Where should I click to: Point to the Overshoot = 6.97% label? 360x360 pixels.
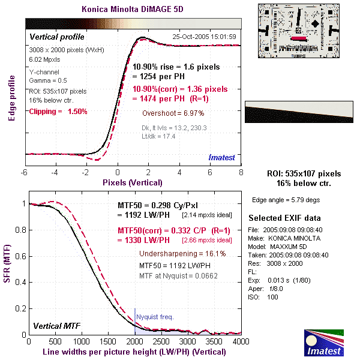(x=173, y=113)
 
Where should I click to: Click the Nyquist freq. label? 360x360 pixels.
(x=155, y=316)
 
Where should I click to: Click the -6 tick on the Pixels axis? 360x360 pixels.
(x=25, y=173)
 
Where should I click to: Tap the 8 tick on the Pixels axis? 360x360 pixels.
(x=241, y=173)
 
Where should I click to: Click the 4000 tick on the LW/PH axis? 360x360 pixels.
(x=241, y=342)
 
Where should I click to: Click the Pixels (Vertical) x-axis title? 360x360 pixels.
(x=132, y=182)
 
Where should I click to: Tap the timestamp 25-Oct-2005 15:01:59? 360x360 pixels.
(x=204, y=37)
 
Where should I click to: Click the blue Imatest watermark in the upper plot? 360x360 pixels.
(x=221, y=157)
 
